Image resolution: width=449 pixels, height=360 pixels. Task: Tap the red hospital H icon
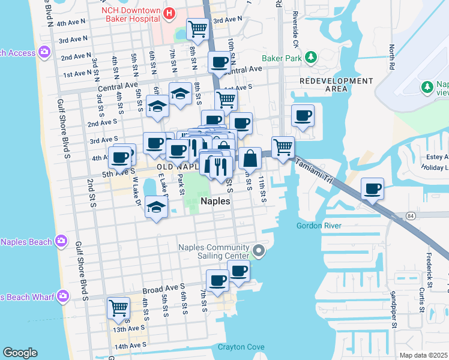tap(169, 13)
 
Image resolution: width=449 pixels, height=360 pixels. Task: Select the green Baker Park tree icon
tap(311, 58)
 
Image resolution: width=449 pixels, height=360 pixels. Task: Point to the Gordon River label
tap(319, 226)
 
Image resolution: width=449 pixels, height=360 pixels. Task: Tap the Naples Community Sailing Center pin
tap(259, 250)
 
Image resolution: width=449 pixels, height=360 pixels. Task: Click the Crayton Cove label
tap(241, 347)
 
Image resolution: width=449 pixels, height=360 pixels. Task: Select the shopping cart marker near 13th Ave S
tap(118, 308)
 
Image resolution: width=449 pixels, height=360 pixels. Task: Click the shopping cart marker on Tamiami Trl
tap(283, 146)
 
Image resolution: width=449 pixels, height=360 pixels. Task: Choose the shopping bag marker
tap(250, 158)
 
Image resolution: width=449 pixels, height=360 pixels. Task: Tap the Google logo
tap(20, 353)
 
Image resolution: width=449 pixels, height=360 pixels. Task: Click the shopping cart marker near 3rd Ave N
tap(197, 28)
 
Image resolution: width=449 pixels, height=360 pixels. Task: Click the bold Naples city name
tap(215, 202)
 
